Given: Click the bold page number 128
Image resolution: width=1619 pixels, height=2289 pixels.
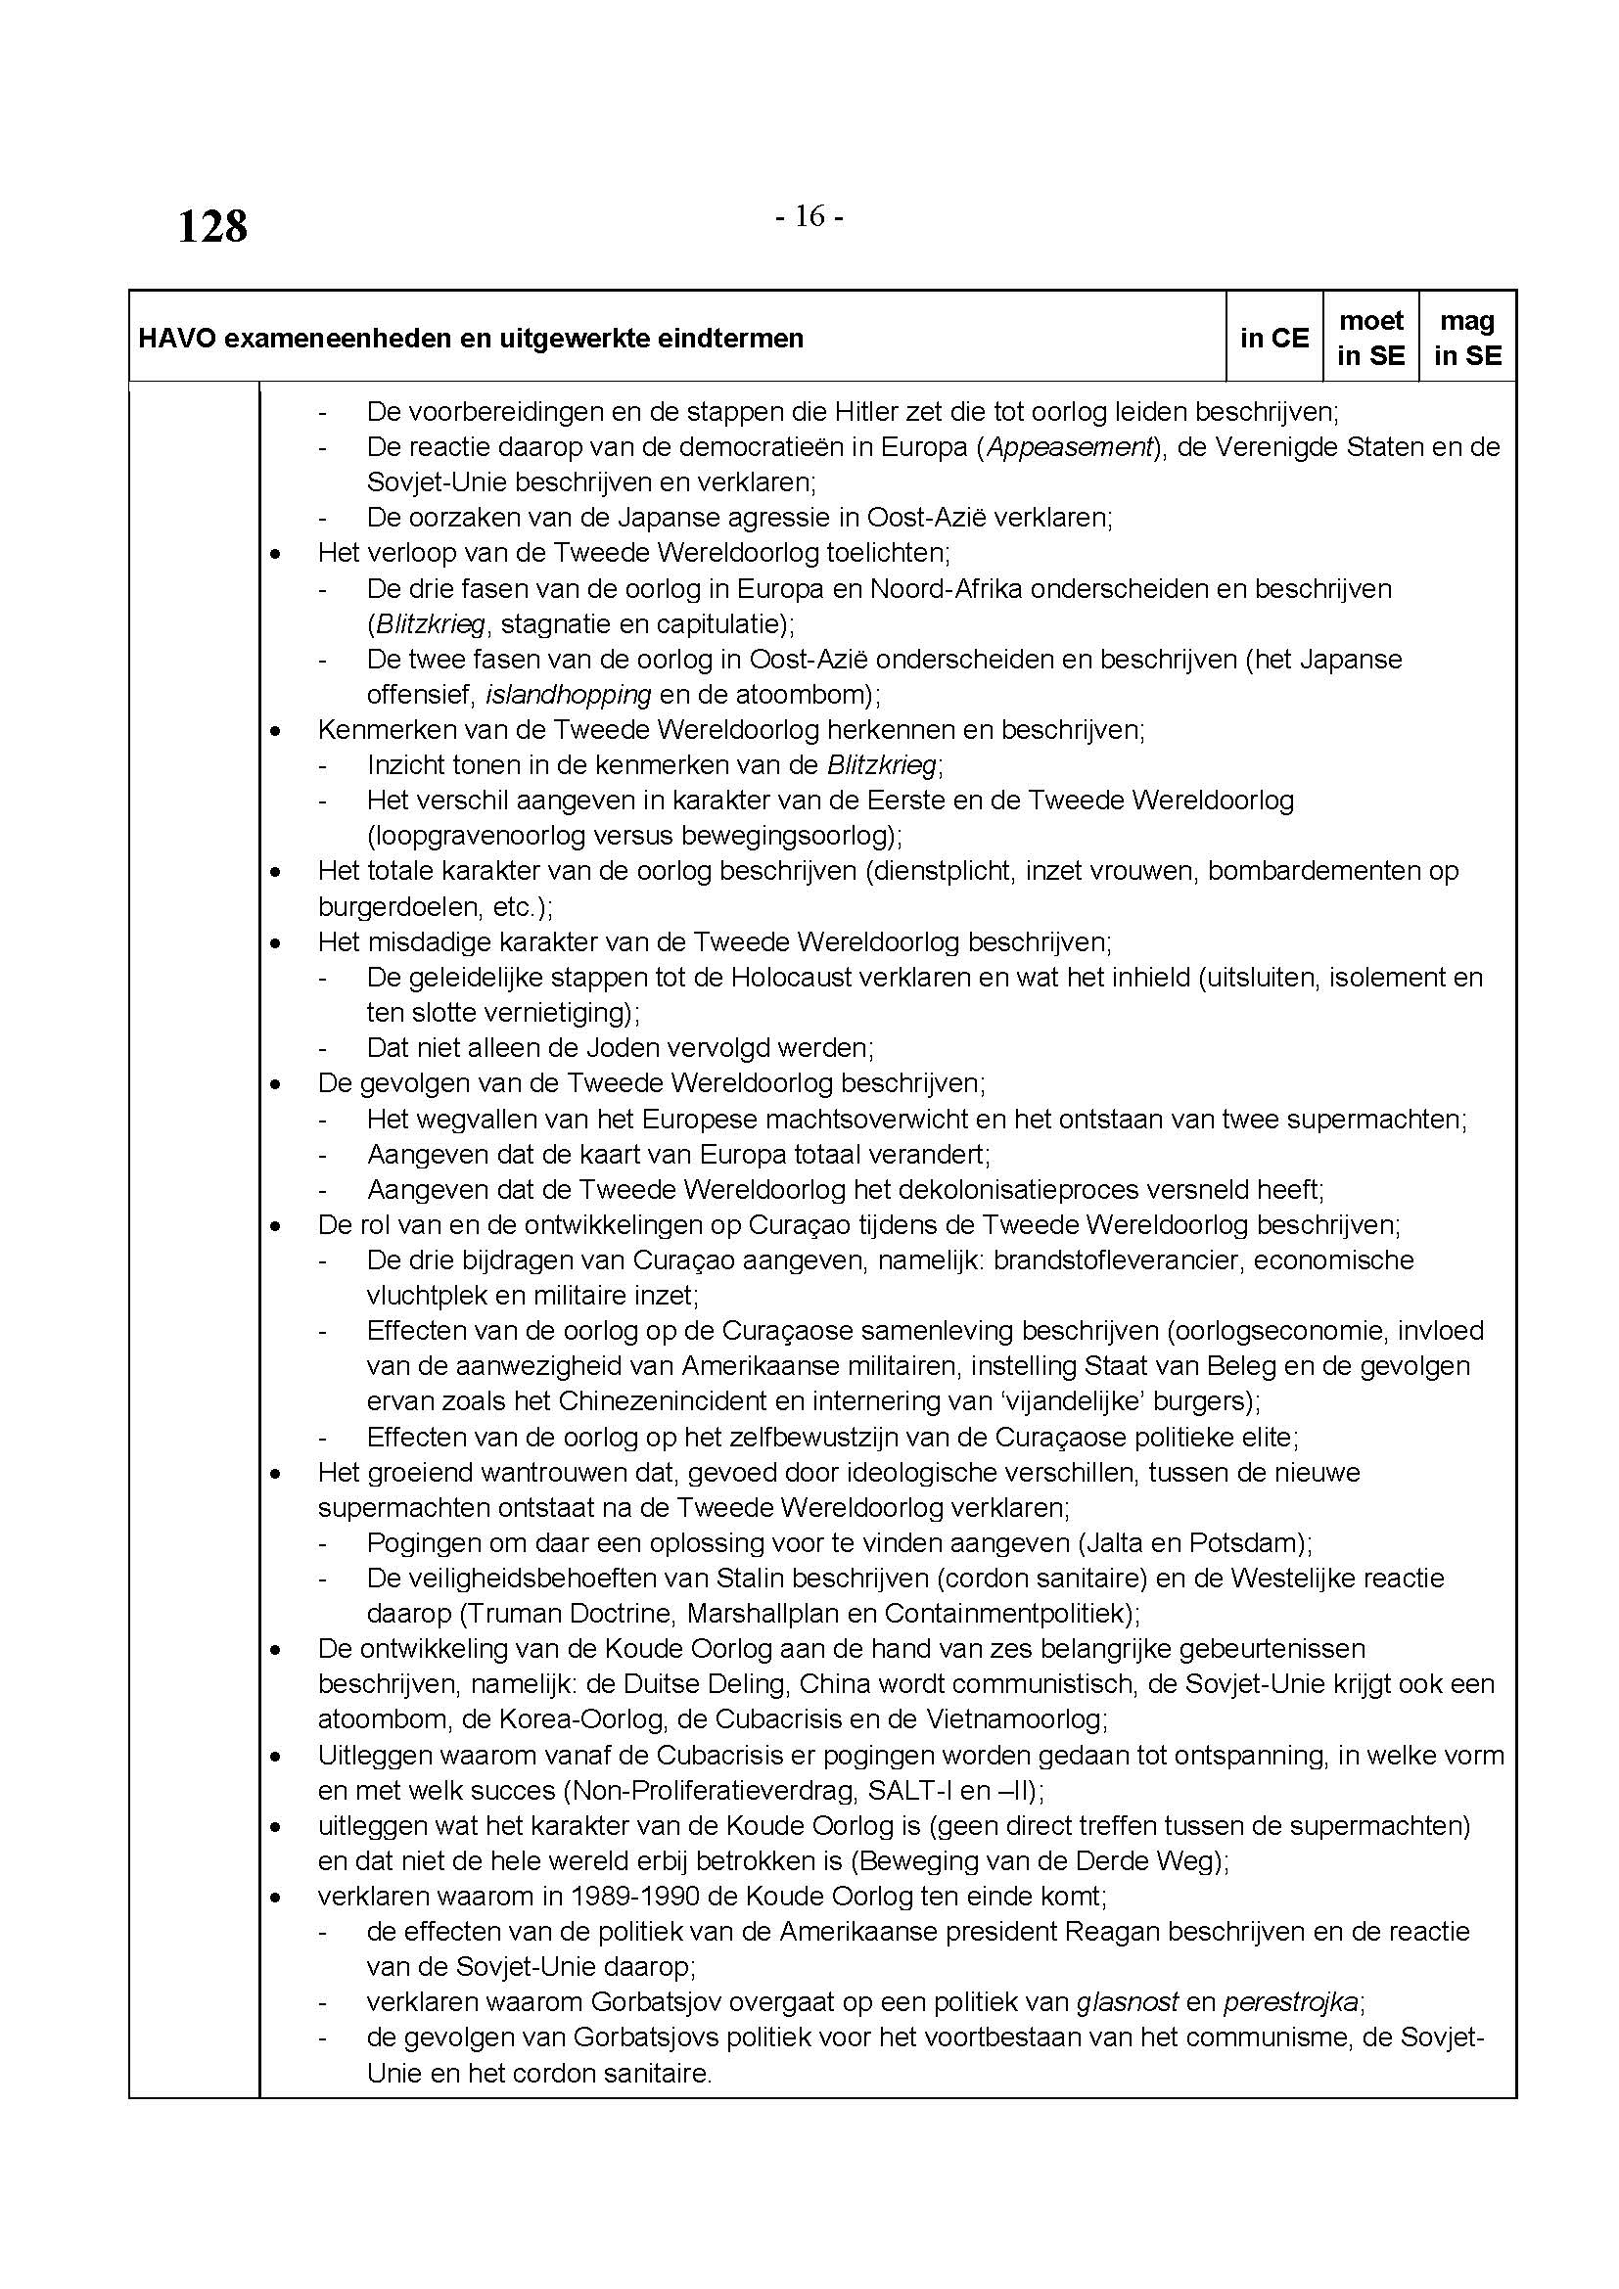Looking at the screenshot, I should tap(212, 226).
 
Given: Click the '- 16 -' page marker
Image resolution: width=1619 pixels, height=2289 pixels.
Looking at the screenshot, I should tap(809, 216).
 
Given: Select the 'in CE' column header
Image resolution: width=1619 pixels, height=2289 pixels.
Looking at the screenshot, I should tap(1274, 338).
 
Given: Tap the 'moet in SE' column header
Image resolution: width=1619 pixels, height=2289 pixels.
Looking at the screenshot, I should tap(1370, 338).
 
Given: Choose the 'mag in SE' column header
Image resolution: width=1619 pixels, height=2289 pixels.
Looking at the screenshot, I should tap(1467, 338).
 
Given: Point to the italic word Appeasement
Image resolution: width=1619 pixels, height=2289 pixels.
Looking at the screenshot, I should tap(1069, 446).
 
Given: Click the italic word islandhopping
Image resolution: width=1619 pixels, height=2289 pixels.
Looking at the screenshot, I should tap(569, 695).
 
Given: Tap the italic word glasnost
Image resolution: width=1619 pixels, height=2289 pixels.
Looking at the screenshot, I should tap(1128, 2002).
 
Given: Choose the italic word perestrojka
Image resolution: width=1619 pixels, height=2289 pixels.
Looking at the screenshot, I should tap(1291, 2002).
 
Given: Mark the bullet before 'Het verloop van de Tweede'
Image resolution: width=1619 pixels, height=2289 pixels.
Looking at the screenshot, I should tap(276, 554).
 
